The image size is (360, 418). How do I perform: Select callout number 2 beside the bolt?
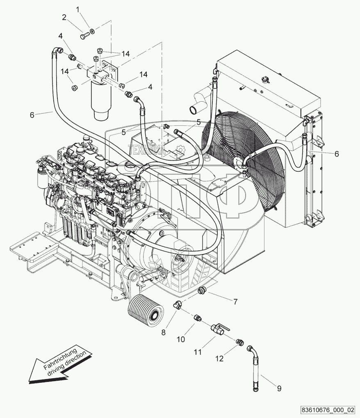(64, 17)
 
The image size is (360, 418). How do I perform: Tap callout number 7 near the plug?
(235, 302)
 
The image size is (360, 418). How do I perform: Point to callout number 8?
(163, 332)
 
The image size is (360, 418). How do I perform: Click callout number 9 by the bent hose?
(279, 388)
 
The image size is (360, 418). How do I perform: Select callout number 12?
(220, 359)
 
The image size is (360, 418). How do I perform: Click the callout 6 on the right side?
(336, 154)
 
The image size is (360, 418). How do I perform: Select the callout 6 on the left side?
(32, 115)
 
